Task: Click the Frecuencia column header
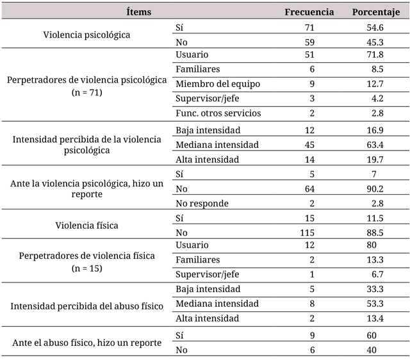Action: tap(309, 12)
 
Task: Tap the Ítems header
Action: tap(139, 12)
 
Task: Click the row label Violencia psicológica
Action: tap(87, 35)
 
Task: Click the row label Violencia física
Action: tap(87, 225)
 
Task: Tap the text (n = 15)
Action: tap(87, 268)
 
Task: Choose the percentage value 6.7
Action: tap(377, 275)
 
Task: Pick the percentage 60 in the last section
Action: tap(378, 335)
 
